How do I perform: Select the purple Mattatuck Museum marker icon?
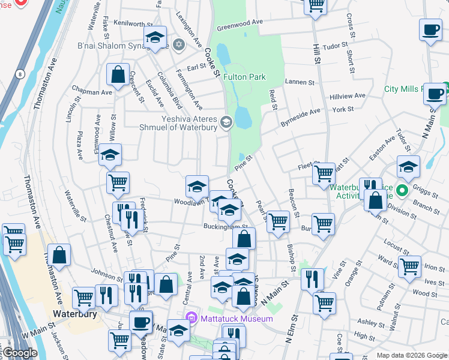[x=191, y=317]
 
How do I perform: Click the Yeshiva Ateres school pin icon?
[x=226, y=122]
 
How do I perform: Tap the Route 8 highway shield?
[x=20, y=74]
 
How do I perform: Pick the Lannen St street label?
[x=300, y=82]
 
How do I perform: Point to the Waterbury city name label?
[x=75, y=314]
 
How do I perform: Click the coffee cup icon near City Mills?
[x=435, y=94]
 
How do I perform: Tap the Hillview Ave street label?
[x=348, y=96]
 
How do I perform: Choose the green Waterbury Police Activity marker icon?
[x=403, y=191]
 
